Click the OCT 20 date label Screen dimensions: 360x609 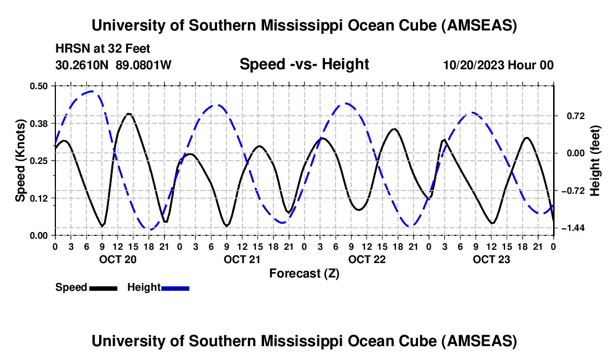tap(117, 259)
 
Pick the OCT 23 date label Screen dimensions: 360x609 tap(491, 259)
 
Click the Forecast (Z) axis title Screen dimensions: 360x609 tap(304, 273)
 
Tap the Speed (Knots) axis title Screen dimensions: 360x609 tap(20, 161)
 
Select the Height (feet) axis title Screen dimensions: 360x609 tap(595, 161)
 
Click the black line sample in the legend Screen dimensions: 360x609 tap(102, 287)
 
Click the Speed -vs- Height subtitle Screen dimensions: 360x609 tap(304, 64)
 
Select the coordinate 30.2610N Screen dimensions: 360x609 tap(83, 65)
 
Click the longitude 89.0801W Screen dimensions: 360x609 tap(143, 65)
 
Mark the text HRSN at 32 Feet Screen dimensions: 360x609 tap(102, 49)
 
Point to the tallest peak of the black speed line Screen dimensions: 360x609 tap(129, 114)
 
